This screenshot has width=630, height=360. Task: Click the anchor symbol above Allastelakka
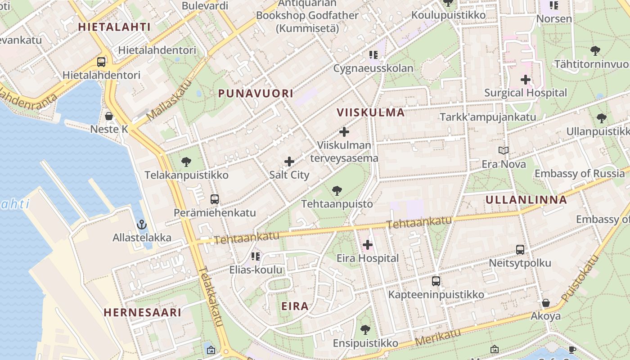tap(142, 224)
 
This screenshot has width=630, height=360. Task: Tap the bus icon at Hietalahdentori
tap(101, 62)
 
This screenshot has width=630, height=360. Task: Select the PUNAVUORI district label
tap(256, 94)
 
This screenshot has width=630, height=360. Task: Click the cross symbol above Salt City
tap(289, 162)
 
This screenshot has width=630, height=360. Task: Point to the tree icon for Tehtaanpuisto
tap(337, 191)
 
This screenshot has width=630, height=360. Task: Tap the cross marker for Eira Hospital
tap(368, 245)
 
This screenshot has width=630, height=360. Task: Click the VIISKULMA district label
tap(371, 112)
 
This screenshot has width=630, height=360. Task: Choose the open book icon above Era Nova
tap(504, 151)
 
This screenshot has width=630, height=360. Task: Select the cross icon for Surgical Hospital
tap(526, 80)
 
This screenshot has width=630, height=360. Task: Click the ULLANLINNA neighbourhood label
tap(526, 200)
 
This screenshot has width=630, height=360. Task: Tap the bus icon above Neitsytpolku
tap(520, 249)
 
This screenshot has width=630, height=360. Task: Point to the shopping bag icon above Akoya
tap(546, 303)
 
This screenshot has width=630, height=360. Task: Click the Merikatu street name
tap(438, 337)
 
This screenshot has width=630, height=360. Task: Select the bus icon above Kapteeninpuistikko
tap(436, 281)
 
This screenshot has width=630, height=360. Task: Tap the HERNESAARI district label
tap(143, 312)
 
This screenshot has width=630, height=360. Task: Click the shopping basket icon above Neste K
tap(109, 116)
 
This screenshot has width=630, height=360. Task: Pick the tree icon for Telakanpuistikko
tap(186, 162)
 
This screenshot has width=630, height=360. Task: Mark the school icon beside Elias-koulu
tap(256, 256)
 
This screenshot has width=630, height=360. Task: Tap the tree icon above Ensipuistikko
tap(365, 330)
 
